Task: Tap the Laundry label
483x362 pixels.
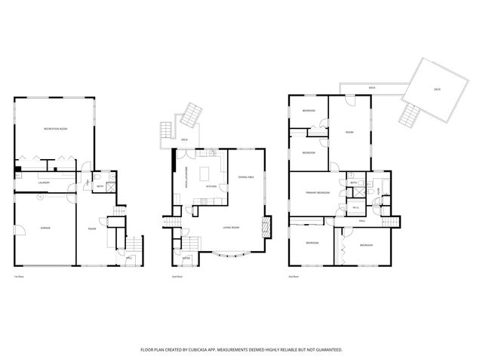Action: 45,183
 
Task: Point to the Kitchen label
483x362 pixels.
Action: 211,186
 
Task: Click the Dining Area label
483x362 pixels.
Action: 245,176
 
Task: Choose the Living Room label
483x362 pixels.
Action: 231,227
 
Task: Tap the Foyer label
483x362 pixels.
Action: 186,259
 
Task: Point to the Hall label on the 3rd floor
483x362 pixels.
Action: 362,220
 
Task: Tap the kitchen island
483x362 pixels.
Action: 205,174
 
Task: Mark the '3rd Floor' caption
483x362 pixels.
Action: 294,277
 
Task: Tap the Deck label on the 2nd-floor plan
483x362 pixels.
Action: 184,140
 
